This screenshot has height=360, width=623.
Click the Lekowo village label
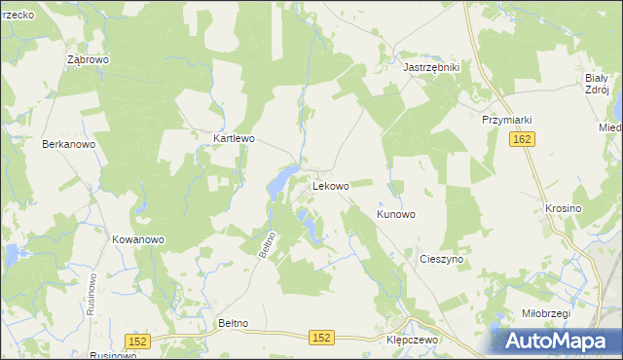click(330, 185)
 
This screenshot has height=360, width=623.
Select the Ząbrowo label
click(88, 59)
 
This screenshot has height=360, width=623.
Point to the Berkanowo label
click(68, 144)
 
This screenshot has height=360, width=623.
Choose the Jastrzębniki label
click(431, 67)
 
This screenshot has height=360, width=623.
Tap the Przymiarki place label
click(506, 120)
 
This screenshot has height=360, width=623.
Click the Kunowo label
click(396, 214)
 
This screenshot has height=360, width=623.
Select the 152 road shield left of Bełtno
click(137, 340)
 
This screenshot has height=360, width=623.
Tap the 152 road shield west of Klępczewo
click(322, 337)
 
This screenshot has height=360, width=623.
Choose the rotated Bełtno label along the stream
click(269, 243)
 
